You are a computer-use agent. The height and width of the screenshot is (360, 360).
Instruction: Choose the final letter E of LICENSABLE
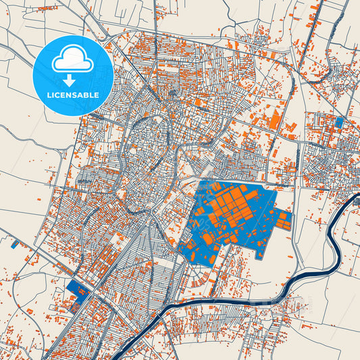click(98, 95)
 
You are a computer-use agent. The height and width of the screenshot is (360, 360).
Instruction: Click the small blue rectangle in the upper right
click(339, 122)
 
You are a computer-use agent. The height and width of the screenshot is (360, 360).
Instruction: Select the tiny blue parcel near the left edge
click(14, 240)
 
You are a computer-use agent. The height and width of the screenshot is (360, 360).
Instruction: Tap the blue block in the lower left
click(77, 290)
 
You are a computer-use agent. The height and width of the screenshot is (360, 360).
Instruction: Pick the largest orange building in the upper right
click(275, 121)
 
